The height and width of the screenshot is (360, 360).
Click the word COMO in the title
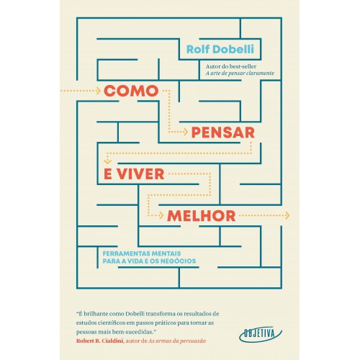point(131,91)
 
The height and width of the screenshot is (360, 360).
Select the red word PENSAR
point(223,132)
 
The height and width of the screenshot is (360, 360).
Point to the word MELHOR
point(201,216)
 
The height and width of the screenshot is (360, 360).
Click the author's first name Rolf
point(198,49)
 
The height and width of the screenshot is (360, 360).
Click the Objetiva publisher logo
point(261,334)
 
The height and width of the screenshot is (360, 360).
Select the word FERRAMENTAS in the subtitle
point(125,253)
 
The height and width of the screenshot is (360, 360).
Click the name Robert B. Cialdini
point(100,341)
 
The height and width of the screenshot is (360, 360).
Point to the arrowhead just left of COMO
point(98,91)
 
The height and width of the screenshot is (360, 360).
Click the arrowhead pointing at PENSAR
point(185,132)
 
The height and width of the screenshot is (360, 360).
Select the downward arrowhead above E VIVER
point(107,162)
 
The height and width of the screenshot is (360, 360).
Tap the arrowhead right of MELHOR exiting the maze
point(287,215)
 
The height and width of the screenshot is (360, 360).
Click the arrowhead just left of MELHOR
point(161,215)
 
